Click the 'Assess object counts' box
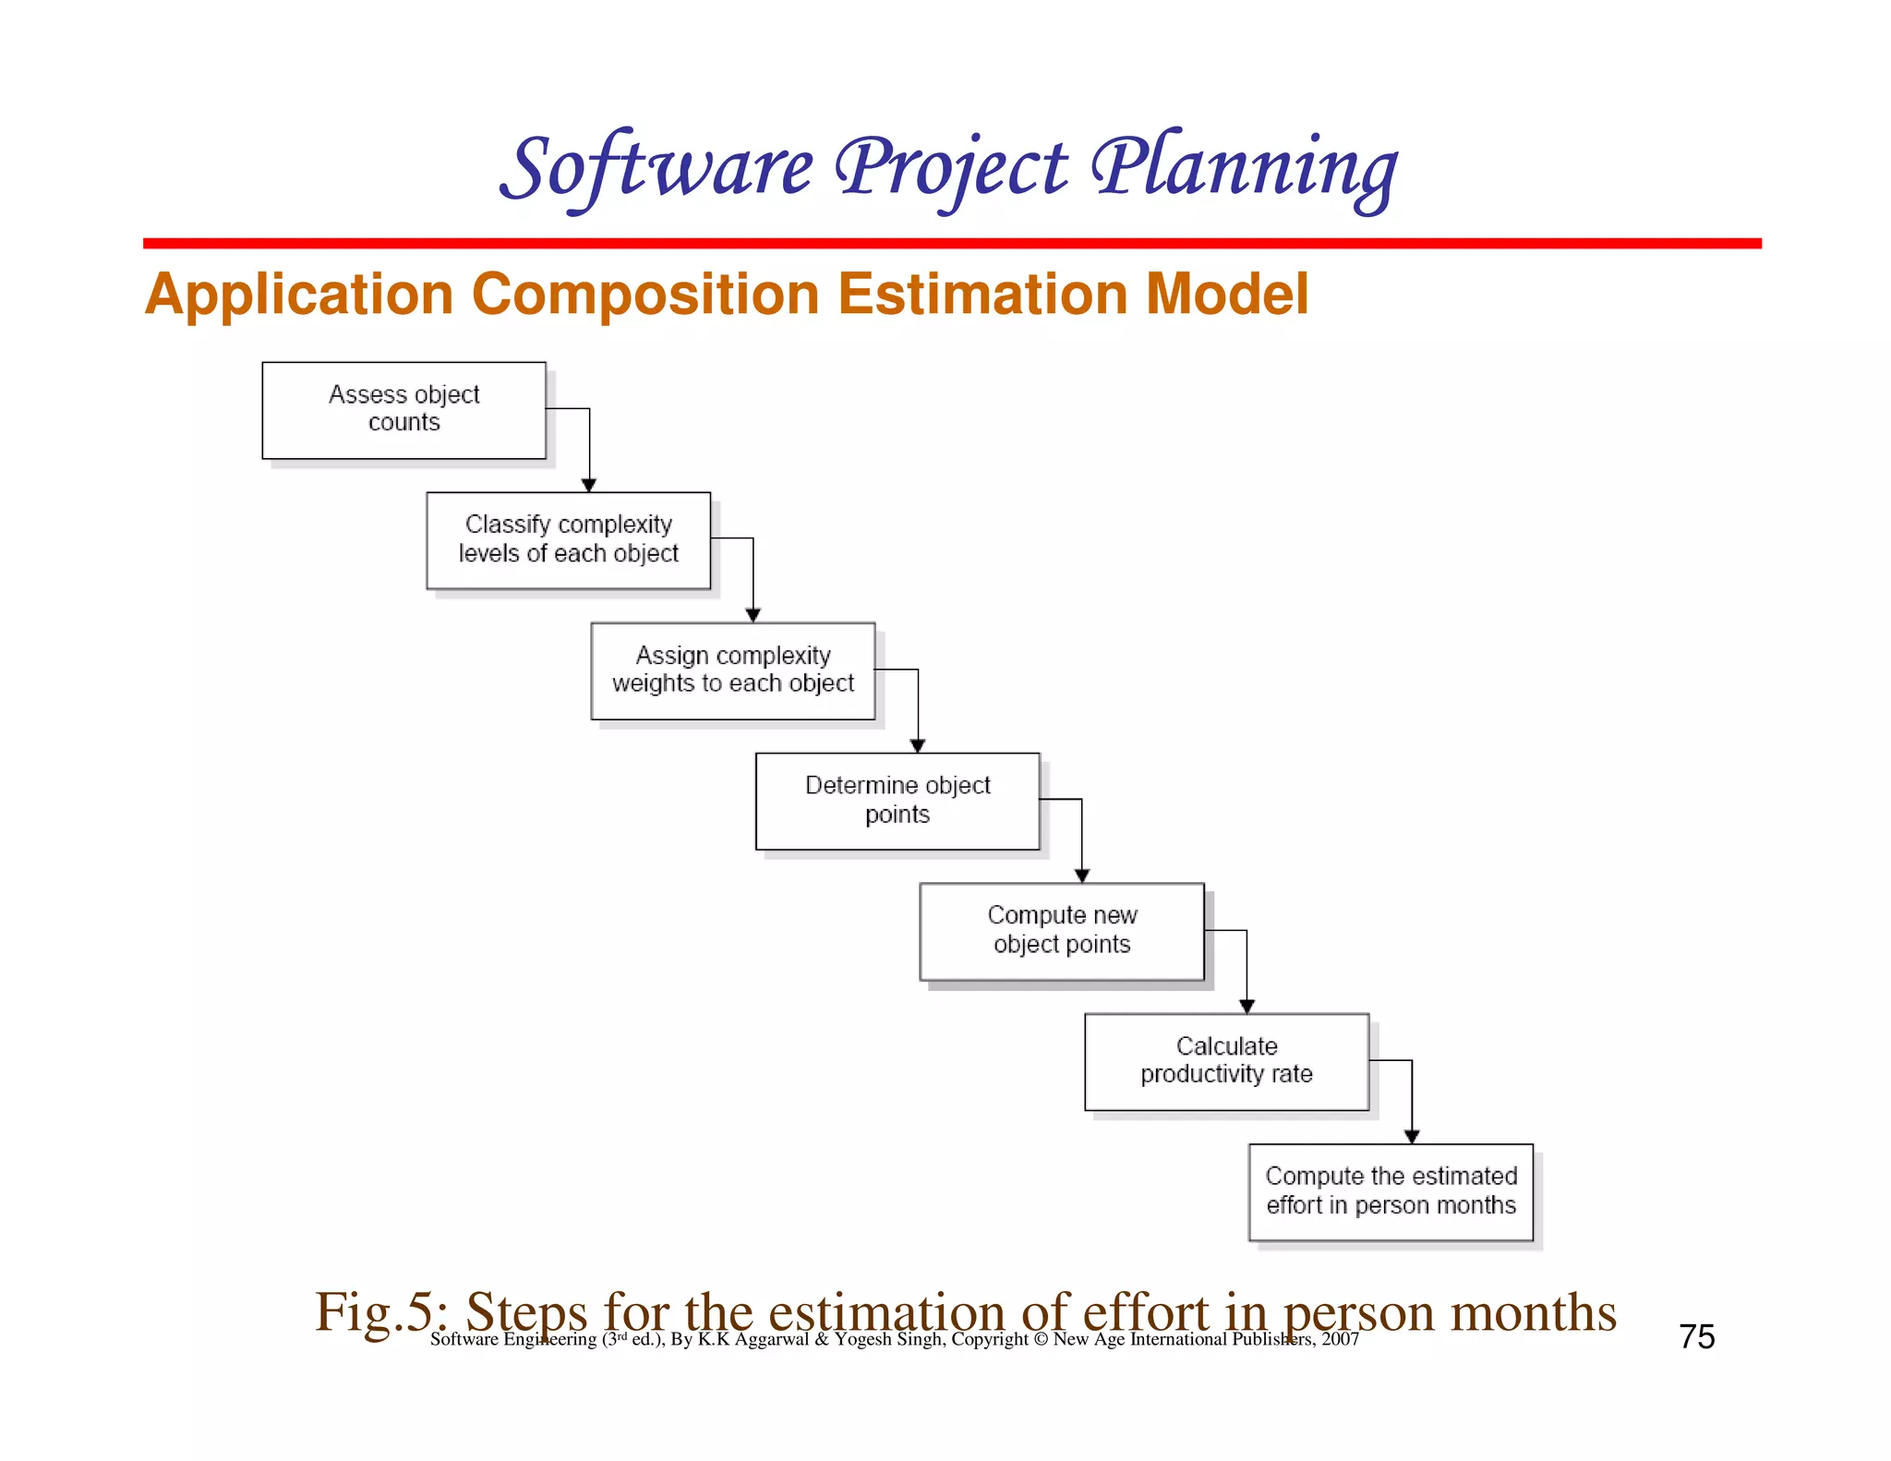tap(403, 410)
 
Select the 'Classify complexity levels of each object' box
tap(568, 540)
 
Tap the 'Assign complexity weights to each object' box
tap(732, 670)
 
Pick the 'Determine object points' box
tap(897, 801)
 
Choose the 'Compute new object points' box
tap(1062, 931)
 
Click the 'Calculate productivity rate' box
tap(1226, 1061)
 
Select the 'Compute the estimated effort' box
tap(1391, 1191)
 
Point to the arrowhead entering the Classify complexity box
tap(589, 485)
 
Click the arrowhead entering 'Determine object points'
tap(918, 745)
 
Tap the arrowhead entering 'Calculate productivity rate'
tap(1247, 1006)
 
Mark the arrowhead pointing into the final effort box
tap(1412, 1136)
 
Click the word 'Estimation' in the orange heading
tap(982, 295)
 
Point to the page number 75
tap(1697, 1336)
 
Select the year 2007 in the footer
tap(1340, 1339)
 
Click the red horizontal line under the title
tap(951, 244)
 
